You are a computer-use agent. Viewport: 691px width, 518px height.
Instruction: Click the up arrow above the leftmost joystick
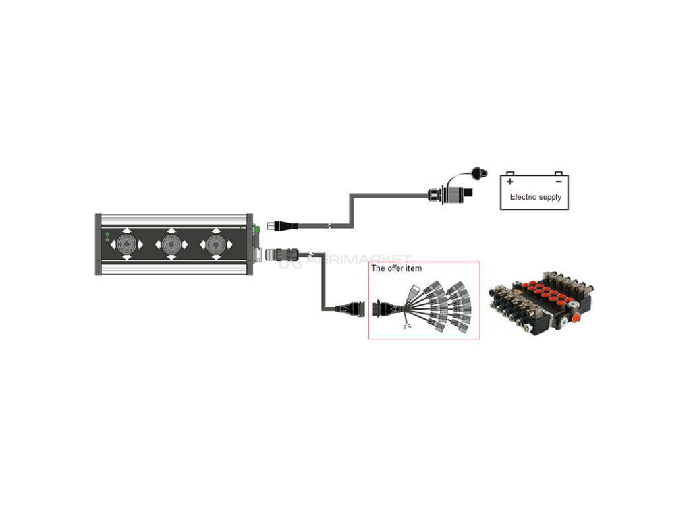pos(127,231)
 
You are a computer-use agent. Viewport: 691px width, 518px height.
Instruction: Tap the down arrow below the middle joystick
pos(171,258)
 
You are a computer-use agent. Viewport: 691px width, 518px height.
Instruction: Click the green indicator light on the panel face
pos(107,234)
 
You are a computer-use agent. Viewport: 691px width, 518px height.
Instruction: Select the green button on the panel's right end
pos(256,229)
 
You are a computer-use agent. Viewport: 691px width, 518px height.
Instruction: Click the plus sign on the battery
pos(510,181)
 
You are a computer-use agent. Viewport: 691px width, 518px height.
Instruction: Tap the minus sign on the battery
pos(559,181)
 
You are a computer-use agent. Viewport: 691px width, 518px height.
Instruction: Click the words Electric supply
pos(535,197)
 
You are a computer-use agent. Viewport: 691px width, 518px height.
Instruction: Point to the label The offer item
pos(397,268)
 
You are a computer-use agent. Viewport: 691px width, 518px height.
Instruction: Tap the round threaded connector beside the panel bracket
pos(278,256)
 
